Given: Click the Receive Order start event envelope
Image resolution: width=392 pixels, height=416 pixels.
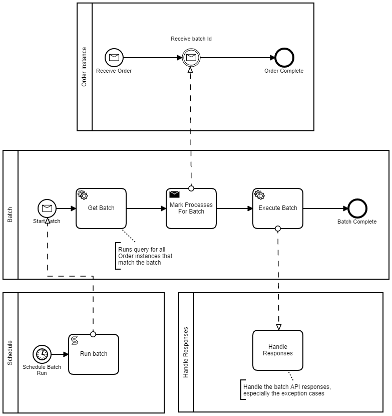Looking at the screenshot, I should point(114,58).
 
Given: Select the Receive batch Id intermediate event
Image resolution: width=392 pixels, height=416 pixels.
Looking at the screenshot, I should point(190,58).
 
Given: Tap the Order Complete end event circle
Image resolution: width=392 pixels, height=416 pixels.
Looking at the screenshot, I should point(284,58).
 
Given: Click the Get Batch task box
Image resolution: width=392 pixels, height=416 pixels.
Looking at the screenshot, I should point(101,209).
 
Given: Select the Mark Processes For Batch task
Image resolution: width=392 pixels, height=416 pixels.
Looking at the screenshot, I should point(191,209).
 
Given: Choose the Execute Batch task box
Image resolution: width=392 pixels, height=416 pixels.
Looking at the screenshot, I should point(278,209).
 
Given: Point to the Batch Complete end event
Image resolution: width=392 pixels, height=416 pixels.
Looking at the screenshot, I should point(357,209).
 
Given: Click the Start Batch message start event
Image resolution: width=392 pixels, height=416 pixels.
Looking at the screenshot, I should point(47,209).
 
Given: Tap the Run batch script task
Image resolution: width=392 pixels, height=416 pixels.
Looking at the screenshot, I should point(94,354).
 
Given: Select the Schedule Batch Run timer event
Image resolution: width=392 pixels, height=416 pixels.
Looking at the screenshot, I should point(43,354).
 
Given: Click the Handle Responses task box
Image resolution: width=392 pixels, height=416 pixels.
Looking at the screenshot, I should point(278,350).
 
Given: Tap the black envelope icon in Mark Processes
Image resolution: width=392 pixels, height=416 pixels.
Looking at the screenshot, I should point(174,194).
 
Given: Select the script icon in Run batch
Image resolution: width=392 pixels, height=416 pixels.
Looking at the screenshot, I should point(75,340).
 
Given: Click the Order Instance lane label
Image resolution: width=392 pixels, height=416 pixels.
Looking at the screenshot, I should point(84,67).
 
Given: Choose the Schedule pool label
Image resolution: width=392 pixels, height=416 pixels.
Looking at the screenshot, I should point(10,353).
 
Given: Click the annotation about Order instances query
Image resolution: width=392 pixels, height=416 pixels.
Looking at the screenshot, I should point(145,256).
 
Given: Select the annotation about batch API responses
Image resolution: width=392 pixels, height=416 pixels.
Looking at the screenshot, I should point(286,390).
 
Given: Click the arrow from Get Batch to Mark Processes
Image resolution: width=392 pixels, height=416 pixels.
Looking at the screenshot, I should point(146,209).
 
